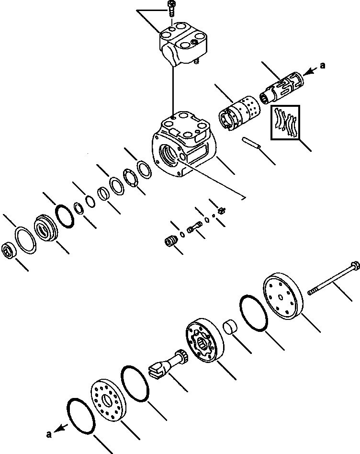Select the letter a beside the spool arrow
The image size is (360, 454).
[x=323, y=66]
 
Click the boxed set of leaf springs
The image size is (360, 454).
[x=285, y=123]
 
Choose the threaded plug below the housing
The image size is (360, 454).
[x=170, y=241]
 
